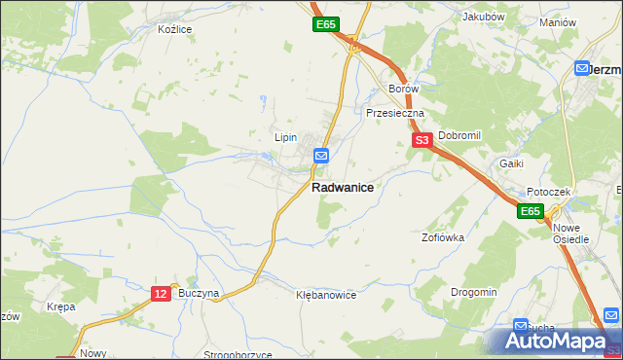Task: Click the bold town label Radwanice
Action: coord(342,188)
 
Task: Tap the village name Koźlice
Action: coord(175,29)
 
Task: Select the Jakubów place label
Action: coord(483,17)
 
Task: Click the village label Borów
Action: coord(403,89)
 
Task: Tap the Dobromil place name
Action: coord(459,135)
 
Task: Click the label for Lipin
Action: coord(285,137)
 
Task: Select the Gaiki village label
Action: coord(512,163)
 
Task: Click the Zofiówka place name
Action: coord(442,236)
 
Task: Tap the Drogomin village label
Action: coord(474,292)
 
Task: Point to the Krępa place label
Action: coord(60,306)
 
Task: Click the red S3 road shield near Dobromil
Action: coord(421,141)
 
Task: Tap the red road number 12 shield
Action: coord(162,292)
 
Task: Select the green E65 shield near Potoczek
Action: coord(530,211)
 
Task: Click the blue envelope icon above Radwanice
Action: coord(321,156)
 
